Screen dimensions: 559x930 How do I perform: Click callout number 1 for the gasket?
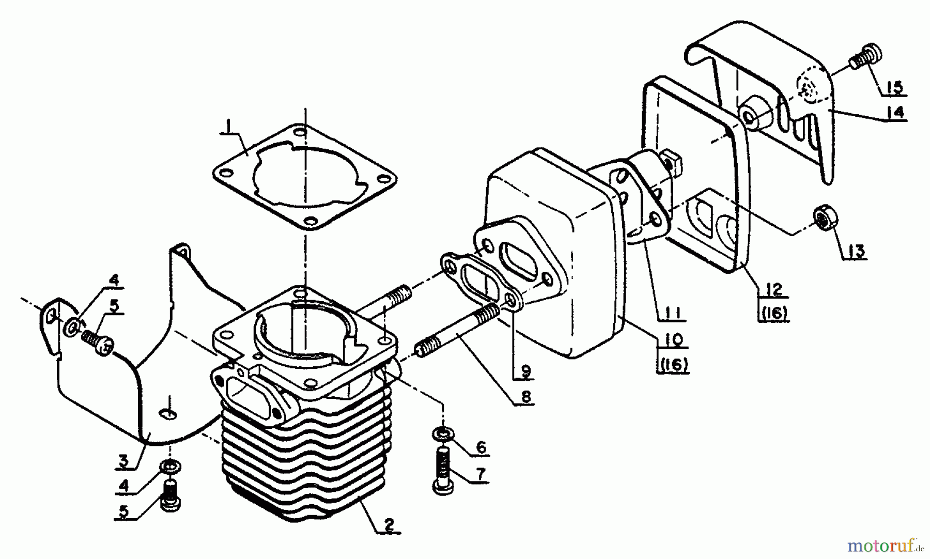(x=226, y=126)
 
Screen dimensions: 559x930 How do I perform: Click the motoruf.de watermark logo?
(x=885, y=546)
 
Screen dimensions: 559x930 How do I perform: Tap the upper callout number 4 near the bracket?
(x=113, y=281)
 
